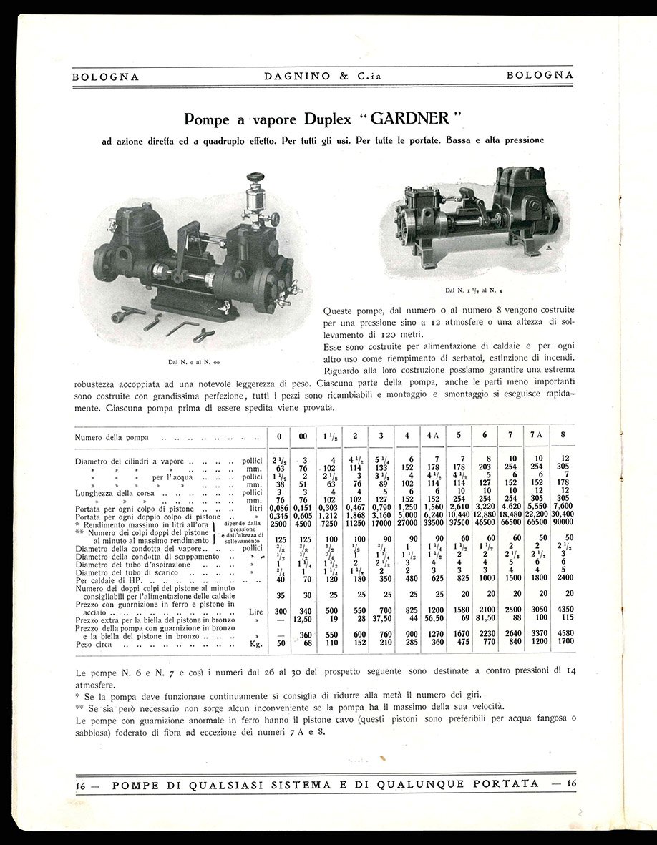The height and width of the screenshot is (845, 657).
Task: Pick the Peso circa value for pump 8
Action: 566,642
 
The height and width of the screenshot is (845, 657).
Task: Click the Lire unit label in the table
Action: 255,612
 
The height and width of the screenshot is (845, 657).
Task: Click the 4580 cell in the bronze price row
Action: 566,632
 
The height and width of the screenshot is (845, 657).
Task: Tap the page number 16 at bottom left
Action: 81,783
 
